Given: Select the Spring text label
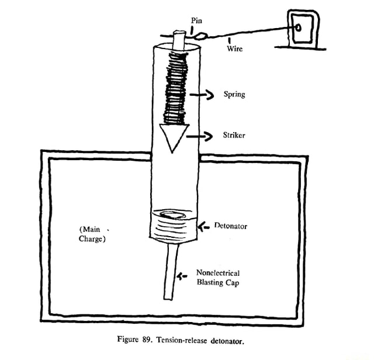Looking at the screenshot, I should pos(234,94).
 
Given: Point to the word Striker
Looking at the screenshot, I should pos(234,136).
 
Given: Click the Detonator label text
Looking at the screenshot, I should pos(231,226).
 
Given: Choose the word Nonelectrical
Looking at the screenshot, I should pos(218,272).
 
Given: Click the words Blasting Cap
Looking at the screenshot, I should pos(218,282).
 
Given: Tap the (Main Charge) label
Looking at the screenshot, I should pos(92,234).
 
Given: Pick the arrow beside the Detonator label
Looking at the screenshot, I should pos(204,226).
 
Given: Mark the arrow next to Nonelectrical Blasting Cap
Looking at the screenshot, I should pos(182,276).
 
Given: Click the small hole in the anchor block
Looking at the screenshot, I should pos(298,27).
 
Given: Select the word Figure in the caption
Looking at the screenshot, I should pos(140,340).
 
